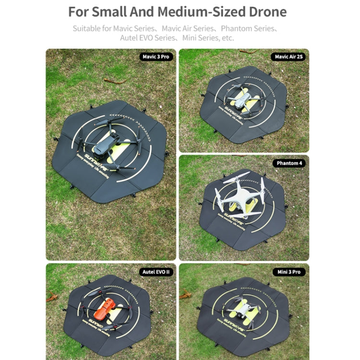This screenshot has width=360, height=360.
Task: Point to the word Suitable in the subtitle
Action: [x=86, y=28]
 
